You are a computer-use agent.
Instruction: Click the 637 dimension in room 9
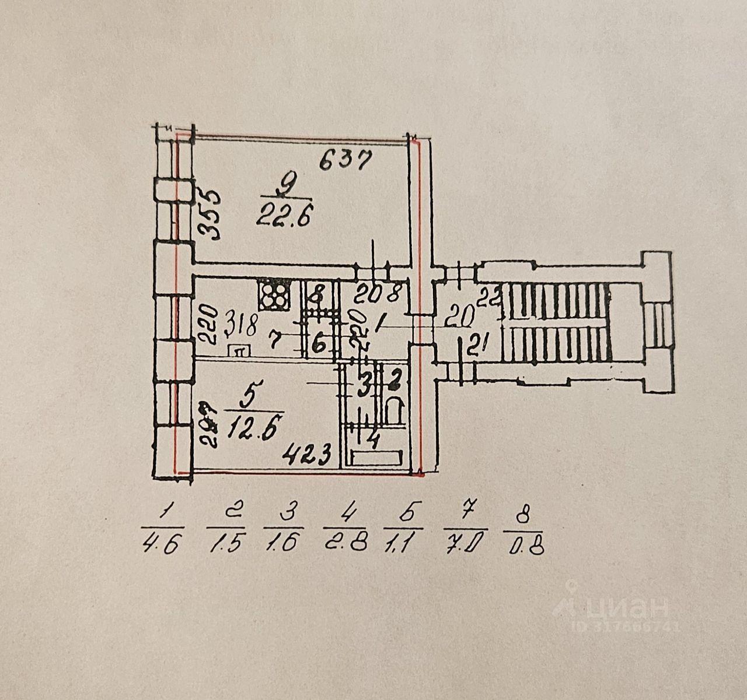click(346, 159)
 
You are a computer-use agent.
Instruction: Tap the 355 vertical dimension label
click(208, 214)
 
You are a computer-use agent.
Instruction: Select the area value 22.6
click(284, 217)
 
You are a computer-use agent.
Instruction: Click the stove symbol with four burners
click(274, 296)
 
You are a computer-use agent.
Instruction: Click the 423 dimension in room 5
click(306, 454)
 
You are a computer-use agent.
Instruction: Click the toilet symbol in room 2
click(394, 408)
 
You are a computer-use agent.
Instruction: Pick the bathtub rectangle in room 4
click(373, 458)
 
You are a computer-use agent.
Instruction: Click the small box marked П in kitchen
click(239, 351)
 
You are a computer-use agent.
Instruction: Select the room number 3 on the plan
click(362, 385)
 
